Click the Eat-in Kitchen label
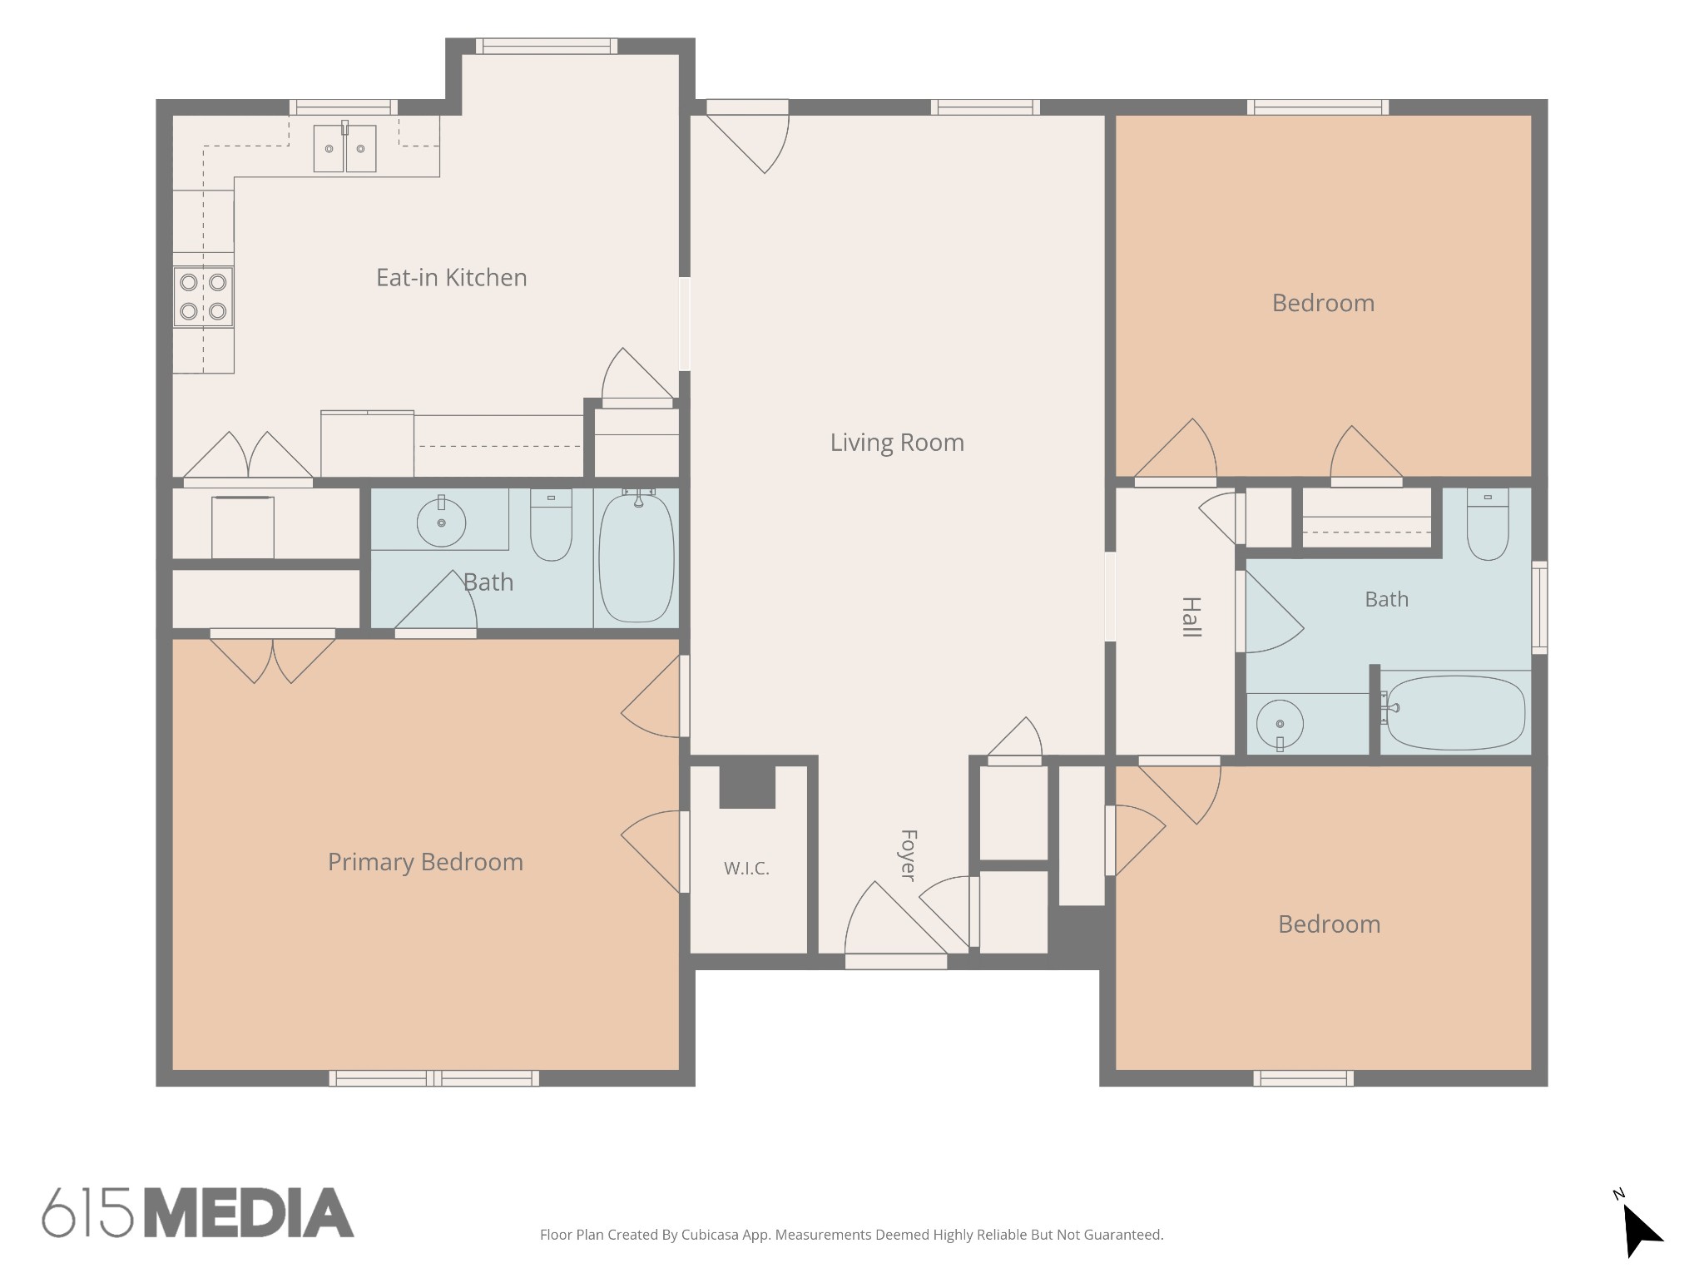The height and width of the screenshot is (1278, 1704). tap(451, 278)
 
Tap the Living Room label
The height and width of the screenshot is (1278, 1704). tap(897, 443)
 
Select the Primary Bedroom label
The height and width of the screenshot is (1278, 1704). tap(425, 862)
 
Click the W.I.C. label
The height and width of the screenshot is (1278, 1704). tap(746, 869)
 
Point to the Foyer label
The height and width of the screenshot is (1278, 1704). tap(909, 854)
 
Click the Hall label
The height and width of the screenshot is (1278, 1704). tap(1191, 617)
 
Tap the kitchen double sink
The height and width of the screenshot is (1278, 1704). tap(344, 148)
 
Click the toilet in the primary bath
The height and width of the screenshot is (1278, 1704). tap(551, 525)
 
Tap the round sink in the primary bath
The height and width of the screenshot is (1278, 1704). tap(441, 522)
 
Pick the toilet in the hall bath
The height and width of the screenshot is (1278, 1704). tap(1488, 524)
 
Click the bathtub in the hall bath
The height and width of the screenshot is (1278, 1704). tap(1456, 713)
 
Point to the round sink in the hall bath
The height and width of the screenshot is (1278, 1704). tap(1280, 725)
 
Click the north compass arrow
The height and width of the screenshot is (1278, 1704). tap(1642, 1231)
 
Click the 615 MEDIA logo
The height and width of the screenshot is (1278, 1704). tap(198, 1212)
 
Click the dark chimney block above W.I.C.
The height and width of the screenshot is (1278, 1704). tap(747, 786)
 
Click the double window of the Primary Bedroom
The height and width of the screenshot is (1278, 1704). tap(433, 1078)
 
